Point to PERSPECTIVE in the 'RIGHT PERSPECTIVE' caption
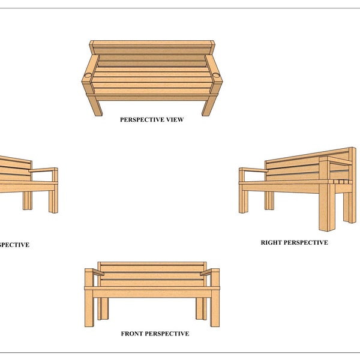[x=306, y=243]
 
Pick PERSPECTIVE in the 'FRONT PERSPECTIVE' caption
[x=169, y=334]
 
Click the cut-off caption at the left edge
[x=14, y=245]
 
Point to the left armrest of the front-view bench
[x=96, y=272]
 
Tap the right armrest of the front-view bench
[x=209, y=272]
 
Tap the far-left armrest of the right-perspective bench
[x=252, y=171]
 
